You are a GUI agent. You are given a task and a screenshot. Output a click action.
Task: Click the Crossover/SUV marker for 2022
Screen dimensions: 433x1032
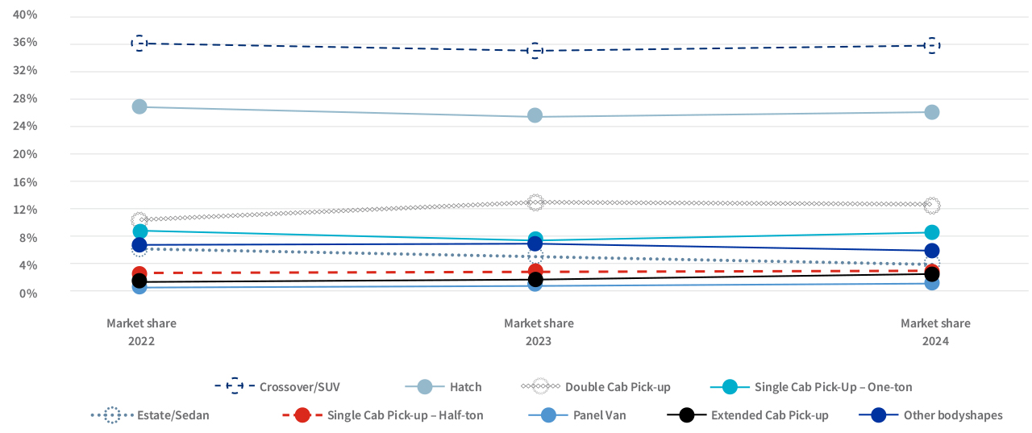[139, 43]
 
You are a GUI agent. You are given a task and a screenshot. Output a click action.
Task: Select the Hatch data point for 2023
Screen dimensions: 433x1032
[535, 115]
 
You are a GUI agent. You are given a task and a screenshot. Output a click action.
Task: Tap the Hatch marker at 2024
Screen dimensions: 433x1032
[932, 112]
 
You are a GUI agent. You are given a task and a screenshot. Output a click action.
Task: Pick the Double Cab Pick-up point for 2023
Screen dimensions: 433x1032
[535, 202]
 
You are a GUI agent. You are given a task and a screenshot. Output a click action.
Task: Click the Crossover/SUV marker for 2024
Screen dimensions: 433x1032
[932, 45]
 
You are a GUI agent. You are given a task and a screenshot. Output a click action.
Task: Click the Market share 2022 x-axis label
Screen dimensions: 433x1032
[141, 332]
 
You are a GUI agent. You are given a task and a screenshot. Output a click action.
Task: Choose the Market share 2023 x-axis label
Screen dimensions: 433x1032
[539, 332]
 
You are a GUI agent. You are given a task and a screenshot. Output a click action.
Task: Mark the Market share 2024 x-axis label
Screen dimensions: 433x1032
[935, 332]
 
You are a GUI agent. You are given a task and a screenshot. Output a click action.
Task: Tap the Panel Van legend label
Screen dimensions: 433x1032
[599, 415]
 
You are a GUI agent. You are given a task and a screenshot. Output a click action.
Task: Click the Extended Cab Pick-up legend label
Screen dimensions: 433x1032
[769, 415]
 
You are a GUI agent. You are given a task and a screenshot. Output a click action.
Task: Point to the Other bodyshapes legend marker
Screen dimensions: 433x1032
[880, 415]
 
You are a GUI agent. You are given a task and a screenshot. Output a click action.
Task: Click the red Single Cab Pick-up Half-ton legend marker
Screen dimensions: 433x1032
[302, 415]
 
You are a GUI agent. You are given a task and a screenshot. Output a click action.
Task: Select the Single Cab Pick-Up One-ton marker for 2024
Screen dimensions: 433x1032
[932, 232]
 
